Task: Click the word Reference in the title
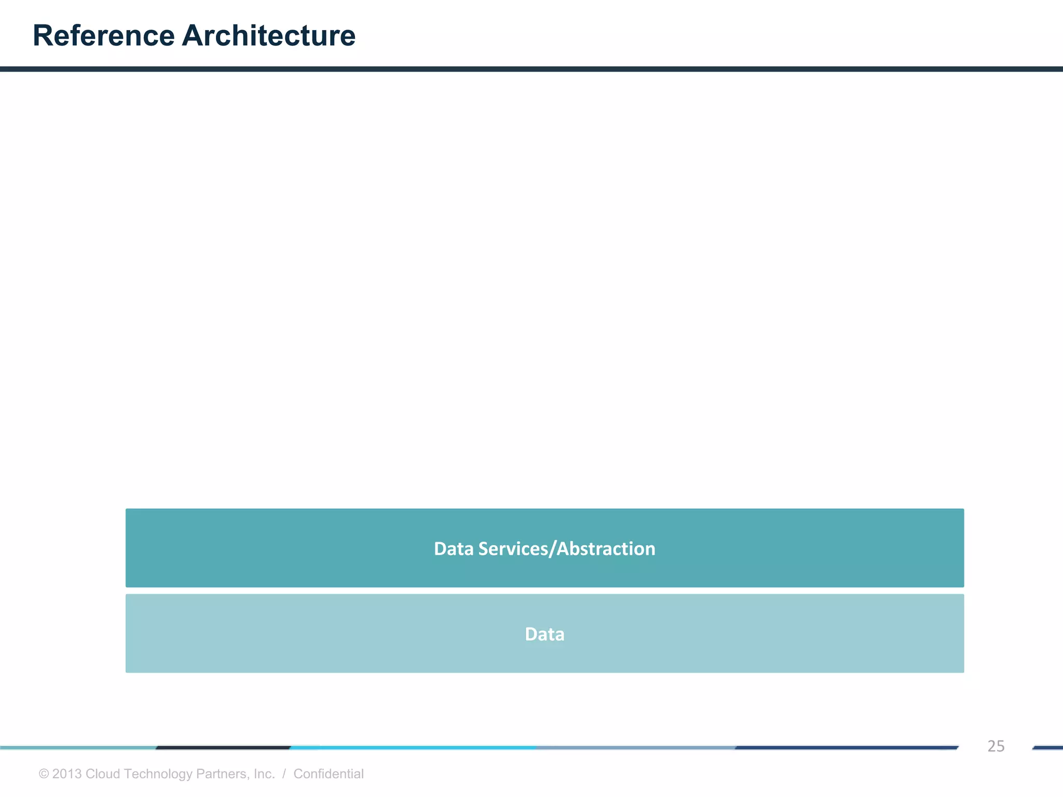[x=104, y=36]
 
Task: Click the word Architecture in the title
[x=268, y=36]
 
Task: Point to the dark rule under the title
[x=531, y=69]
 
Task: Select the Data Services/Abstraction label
[x=544, y=548]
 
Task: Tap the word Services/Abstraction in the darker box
[x=567, y=548]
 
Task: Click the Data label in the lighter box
[x=544, y=634]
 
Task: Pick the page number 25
[x=996, y=746]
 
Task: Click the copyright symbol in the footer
[x=44, y=774]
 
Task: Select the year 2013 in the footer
[x=67, y=774]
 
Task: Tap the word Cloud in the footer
[x=103, y=774]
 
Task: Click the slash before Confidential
[x=284, y=774]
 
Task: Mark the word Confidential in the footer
[x=329, y=774]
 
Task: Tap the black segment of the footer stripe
[x=223, y=748]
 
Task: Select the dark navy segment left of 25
[x=846, y=748]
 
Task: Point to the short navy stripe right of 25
[x=1048, y=748]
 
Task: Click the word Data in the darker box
[x=454, y=548]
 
